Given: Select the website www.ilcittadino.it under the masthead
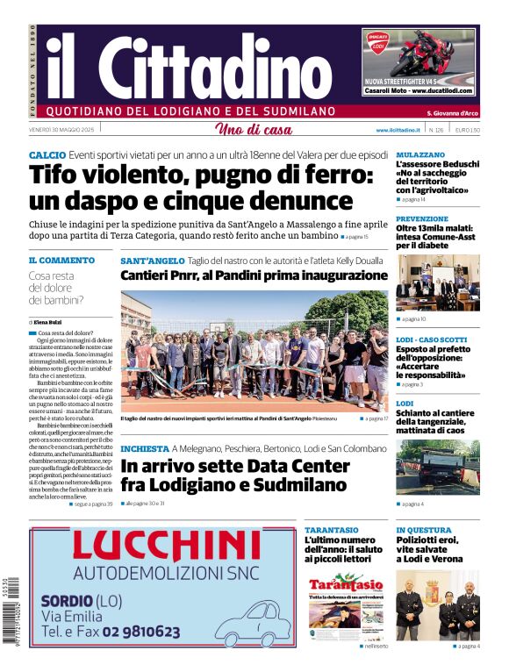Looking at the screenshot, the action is coord(399,130).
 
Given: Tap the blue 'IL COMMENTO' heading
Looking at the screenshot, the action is coord(61,261).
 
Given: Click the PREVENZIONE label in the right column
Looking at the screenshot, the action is coord(422,218).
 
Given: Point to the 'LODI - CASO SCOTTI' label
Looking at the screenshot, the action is coord(431,340).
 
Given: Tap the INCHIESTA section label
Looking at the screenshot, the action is coord(144,448).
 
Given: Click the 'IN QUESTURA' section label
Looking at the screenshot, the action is coord(424,530).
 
